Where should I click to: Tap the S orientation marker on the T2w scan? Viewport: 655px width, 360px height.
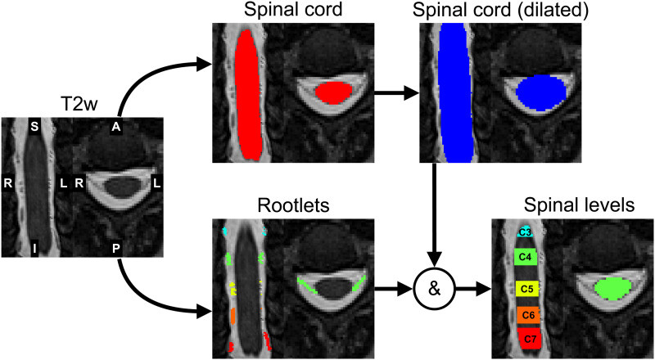[34, 127]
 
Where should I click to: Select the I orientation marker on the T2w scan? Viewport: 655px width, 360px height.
[34, 250]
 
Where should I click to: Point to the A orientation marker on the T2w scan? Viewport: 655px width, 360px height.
[116, 127]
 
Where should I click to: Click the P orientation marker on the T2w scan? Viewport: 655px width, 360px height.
[116, 250]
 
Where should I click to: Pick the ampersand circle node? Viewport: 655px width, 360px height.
[435, 289]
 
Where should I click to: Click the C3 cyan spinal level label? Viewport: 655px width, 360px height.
[526, 232]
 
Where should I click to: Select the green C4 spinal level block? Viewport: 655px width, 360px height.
[526, 258]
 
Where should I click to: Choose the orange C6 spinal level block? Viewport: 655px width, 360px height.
[528, 316]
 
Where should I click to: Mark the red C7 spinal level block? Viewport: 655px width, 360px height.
[530, 338]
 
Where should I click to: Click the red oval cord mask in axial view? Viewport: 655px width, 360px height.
[333, 92]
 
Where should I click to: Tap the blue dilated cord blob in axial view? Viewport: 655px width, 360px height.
[542, 92]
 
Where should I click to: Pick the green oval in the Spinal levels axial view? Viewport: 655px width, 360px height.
[612, 289]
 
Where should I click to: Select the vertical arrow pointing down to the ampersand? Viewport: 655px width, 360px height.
[436, 215]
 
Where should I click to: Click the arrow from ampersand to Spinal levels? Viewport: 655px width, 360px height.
[472, 288]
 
